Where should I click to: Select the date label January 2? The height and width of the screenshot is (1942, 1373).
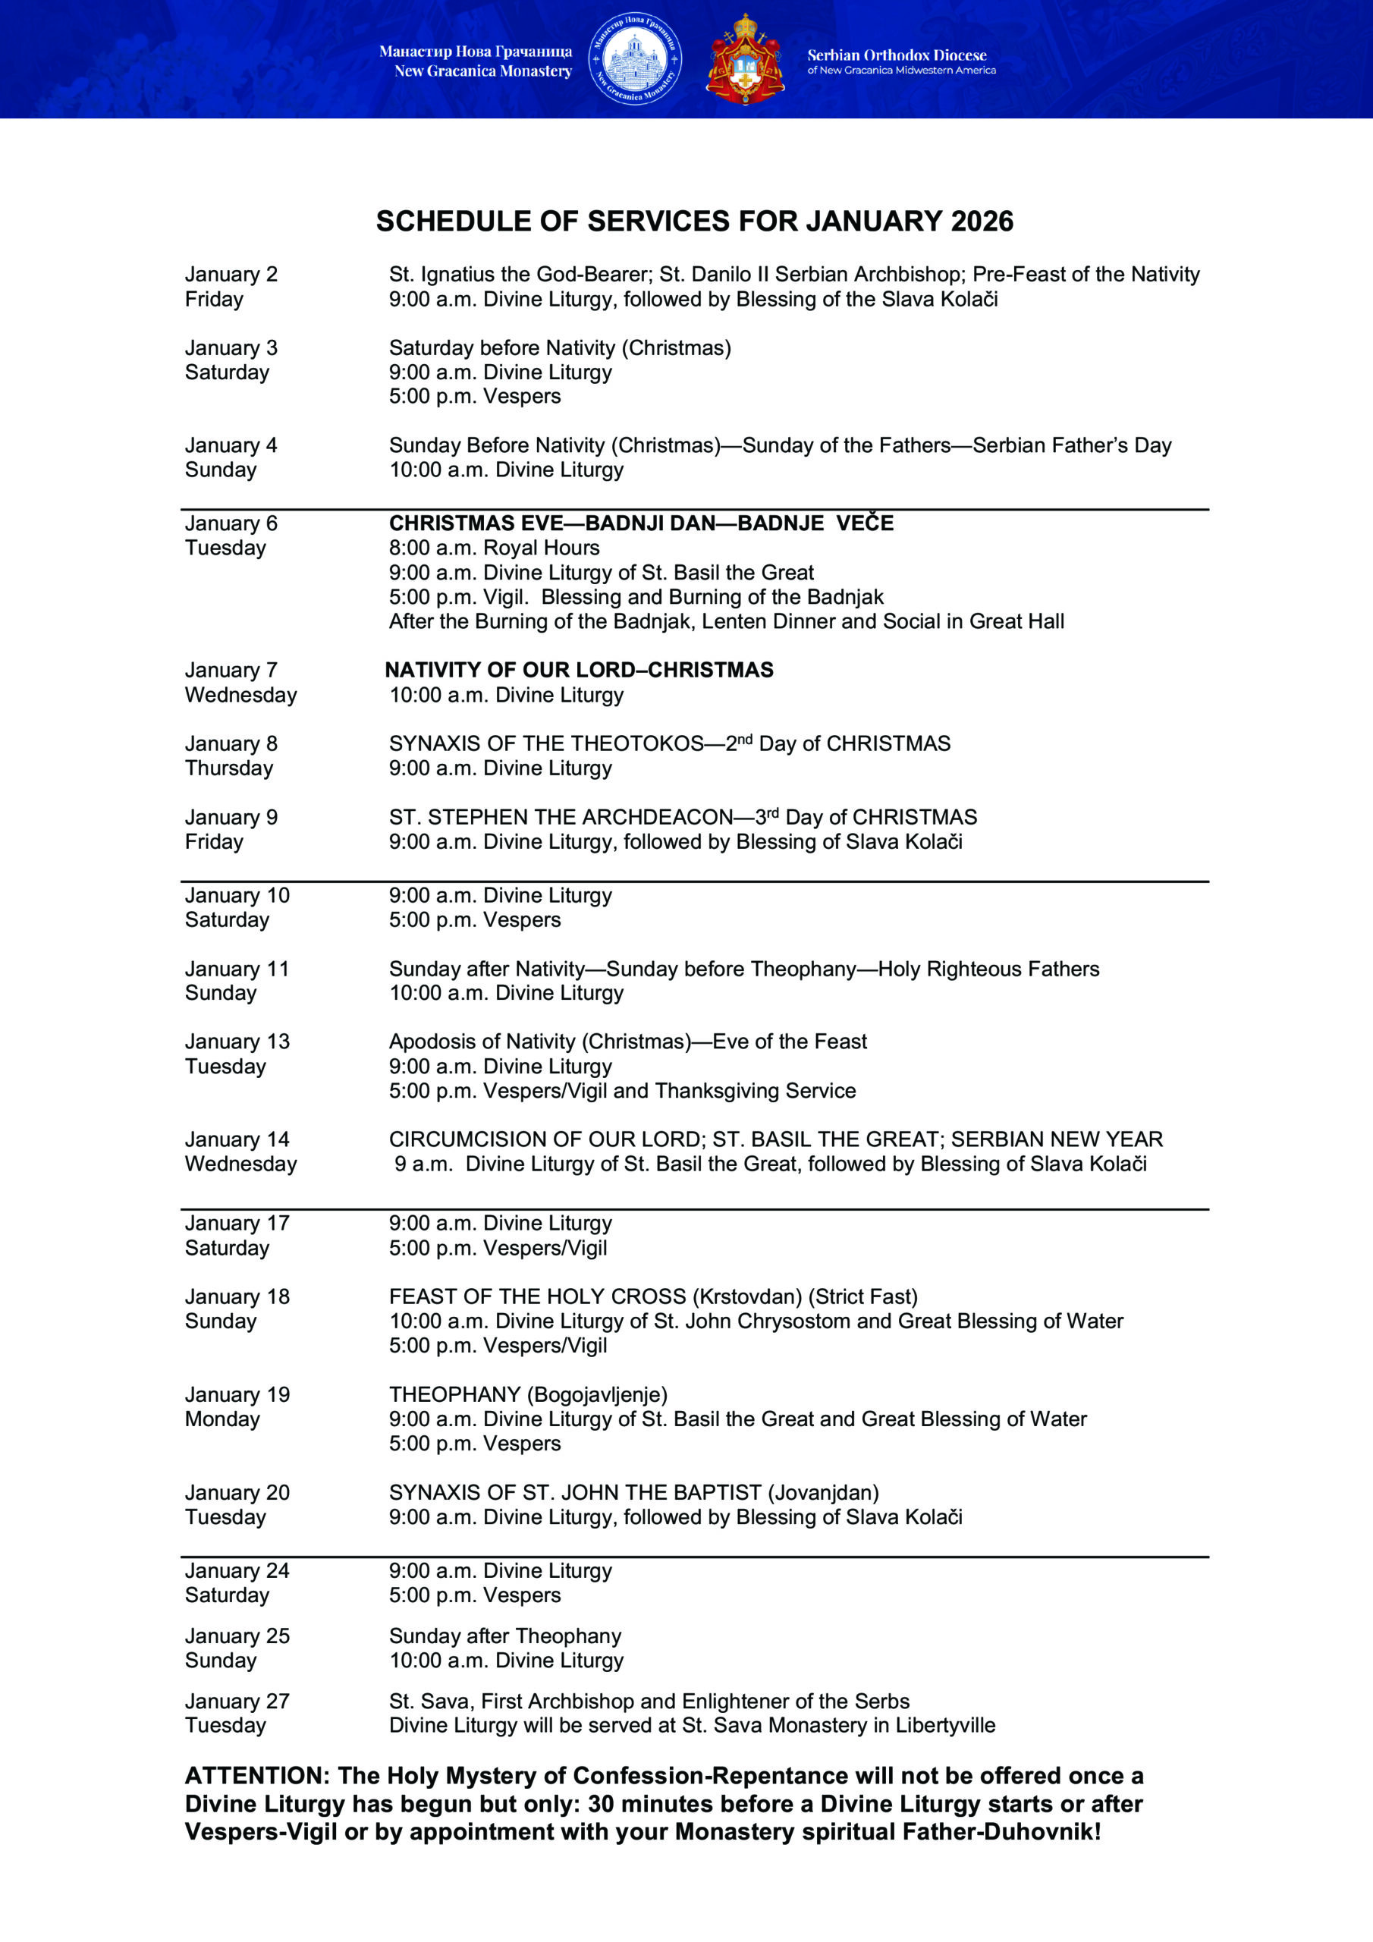coord(231,274)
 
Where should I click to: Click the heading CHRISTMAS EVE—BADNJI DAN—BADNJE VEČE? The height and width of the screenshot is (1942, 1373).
coord(640,523)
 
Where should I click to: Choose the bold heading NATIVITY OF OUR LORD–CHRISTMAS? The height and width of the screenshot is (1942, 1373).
coord(579,670)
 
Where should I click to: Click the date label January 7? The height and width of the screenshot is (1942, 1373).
coord(231,670)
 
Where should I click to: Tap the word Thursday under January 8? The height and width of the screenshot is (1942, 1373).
coord(228,768)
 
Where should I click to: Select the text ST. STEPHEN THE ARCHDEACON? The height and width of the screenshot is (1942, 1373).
coord(560,817)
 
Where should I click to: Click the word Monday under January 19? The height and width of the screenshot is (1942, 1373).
coord(222,1419)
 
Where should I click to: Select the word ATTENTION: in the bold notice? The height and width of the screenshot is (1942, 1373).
coord(256,1775)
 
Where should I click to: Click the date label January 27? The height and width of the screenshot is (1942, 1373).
coord(237,1701)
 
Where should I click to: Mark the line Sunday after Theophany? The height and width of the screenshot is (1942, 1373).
coord(505,1636)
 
